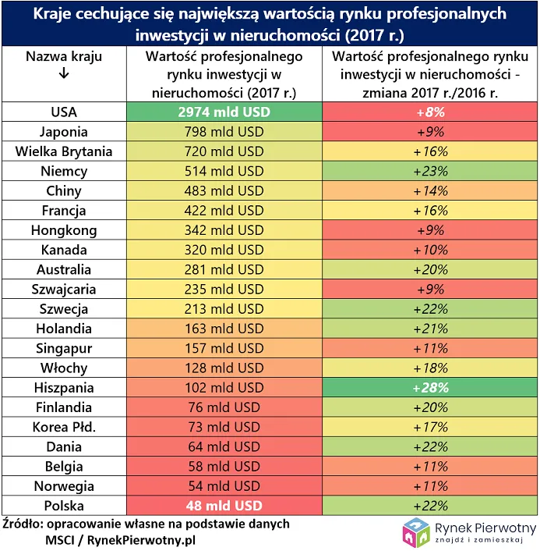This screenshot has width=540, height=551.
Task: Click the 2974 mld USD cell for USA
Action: [x=224, y=112]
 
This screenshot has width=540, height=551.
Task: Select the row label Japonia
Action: [x=64, y=132]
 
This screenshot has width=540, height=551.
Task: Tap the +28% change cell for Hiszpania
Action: [x=425, y=388]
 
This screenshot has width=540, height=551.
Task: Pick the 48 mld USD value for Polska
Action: [x=224, y=506]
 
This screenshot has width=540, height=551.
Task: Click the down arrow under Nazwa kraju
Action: [x=64, y=73]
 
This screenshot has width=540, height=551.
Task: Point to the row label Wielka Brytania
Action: [x=64, y=151]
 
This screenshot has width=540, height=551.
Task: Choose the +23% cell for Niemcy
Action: [x=425, y=171]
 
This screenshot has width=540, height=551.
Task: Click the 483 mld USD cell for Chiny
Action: [x=224, y=191]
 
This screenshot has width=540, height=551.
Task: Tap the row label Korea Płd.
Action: [x=64, y=427]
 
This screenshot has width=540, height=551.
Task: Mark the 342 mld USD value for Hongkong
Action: [x=224, y=230]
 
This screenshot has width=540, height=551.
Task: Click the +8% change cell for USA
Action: [x=425, y=112]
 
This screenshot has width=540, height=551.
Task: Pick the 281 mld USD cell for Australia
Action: [x=224, y=269]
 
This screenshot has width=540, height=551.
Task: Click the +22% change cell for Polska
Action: [x=425, y=506]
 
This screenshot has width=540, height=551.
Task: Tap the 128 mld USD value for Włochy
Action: [x=224, y=368]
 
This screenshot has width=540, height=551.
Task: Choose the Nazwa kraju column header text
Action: [x=64, y=56]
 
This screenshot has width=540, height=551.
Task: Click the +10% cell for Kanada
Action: [x=425, y=250]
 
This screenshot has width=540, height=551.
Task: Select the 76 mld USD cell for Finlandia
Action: [x=224, y=407]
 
